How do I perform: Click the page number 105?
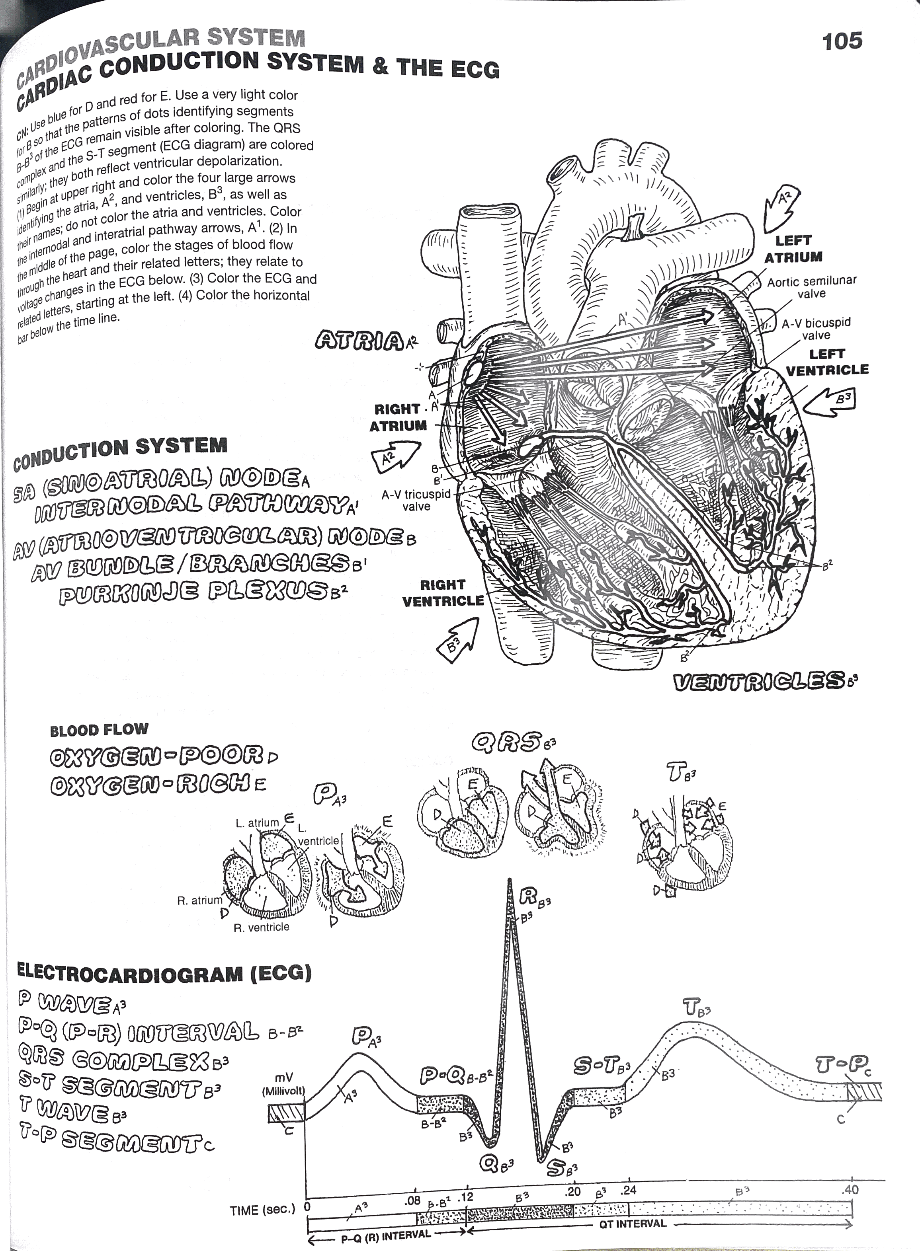(842, 41)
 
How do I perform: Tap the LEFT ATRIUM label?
(793, 249)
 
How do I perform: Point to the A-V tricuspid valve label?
(416, 500)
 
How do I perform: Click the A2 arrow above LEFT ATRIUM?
(781, 208)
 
